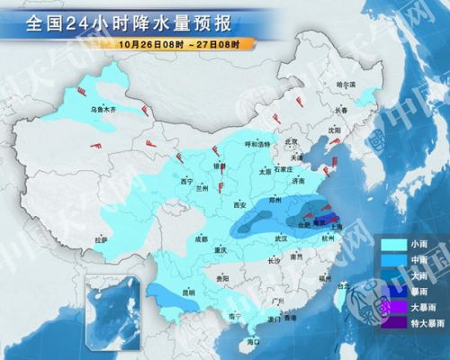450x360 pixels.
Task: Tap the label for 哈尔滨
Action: point(346,84)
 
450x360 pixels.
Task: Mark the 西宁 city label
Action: point(187,180)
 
